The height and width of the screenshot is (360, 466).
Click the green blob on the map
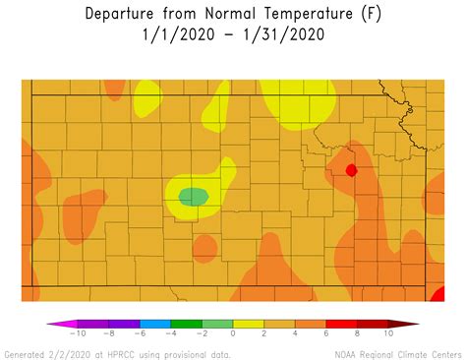[194, 197]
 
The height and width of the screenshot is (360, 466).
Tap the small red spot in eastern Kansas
[351, 170]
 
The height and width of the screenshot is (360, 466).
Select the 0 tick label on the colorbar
[233, 334]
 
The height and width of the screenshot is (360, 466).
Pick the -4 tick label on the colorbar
[171, 334]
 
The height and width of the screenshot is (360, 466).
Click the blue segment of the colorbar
[155, 323]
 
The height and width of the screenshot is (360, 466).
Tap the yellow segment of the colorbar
[248, 323]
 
